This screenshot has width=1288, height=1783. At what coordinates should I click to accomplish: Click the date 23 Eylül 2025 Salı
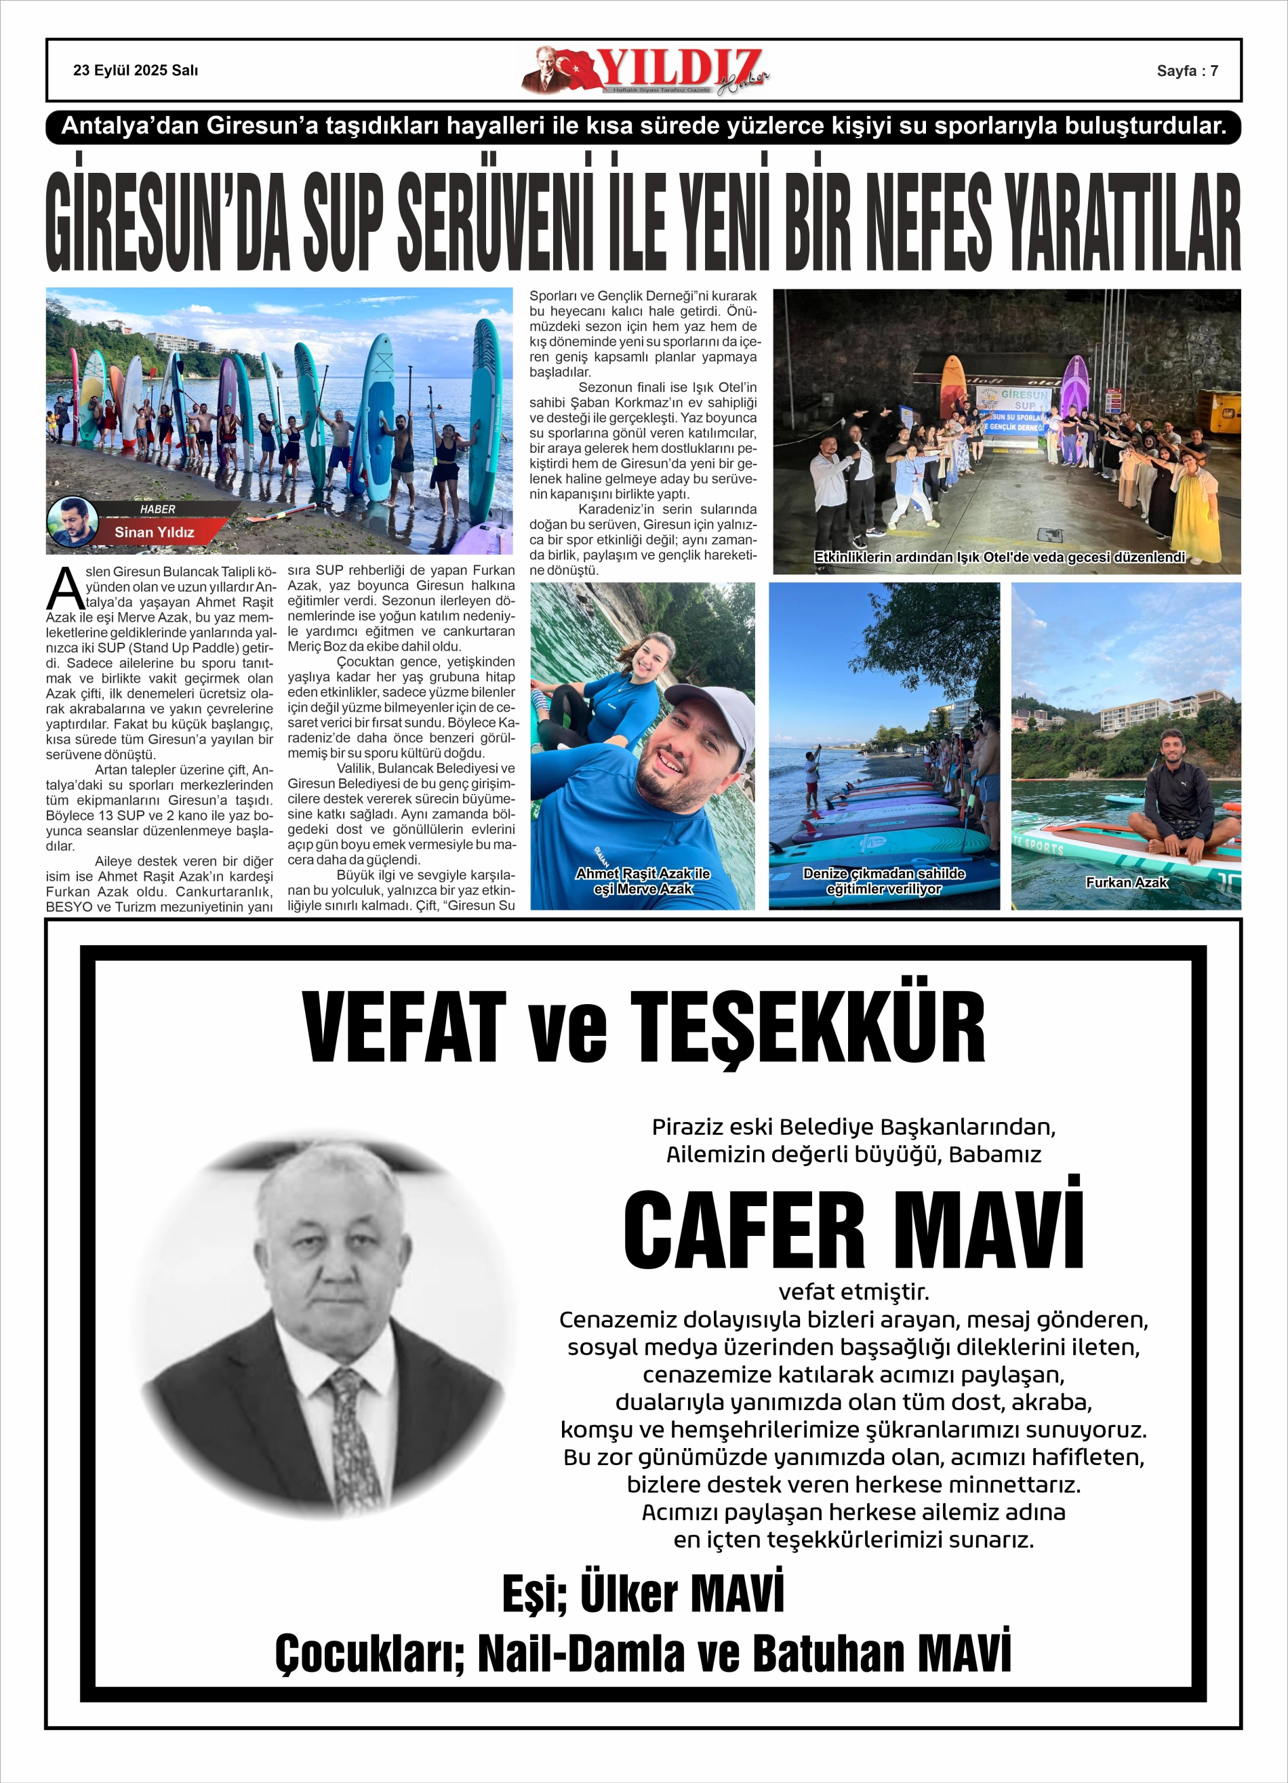[136, 71]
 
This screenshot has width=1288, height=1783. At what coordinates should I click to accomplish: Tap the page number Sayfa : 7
[1186, 71]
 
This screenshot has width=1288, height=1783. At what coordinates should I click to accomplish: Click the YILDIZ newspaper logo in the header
[645, 71]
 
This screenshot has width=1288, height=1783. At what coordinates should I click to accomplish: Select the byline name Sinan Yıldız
[154, 532]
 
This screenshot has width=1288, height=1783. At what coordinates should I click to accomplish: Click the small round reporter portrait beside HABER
[73, 521]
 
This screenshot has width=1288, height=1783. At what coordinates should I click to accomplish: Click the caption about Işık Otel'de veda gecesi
[999, 557]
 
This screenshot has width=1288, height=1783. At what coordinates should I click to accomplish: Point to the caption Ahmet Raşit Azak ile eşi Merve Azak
[643, 881]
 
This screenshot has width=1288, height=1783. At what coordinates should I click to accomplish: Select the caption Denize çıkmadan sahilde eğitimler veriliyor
[884, 881]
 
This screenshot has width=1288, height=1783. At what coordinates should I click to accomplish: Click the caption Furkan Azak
[1126, 882]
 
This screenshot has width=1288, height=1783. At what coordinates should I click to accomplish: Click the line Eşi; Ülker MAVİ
[643, 1592]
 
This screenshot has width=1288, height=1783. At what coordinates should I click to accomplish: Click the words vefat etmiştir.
[853, 1291]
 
